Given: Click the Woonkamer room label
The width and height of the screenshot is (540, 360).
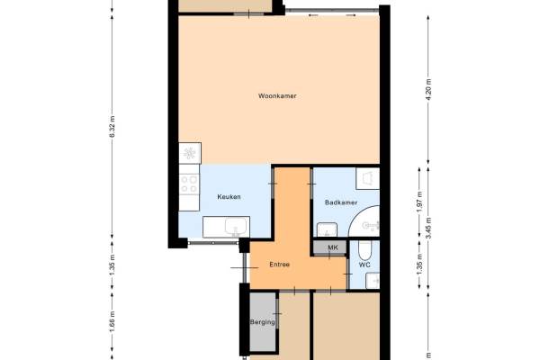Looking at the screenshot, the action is click(277, 96).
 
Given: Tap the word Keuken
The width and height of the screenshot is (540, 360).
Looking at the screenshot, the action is click(229, 197).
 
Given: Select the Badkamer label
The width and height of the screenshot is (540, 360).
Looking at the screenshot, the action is click(341, 202).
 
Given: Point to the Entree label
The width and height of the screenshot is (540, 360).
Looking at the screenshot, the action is click(279, 265).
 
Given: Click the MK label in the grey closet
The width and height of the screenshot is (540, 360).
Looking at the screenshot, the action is click(333, 247).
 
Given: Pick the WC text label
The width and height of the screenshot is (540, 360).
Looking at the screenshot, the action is click(364, 265).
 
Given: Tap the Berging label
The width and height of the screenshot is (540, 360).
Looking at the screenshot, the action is click(263, 322).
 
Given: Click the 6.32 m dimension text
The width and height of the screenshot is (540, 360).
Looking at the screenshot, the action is click(112, 126).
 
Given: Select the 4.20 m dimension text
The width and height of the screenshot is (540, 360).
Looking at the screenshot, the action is click(428, 89).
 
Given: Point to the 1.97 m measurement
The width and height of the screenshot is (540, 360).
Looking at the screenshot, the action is click(419, 202).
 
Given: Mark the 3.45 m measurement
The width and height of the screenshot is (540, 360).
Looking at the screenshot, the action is click(428, 228).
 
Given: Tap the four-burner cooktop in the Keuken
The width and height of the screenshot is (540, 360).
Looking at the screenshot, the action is click(189, 184).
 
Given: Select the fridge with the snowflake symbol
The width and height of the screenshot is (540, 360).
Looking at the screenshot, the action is click(190, 153).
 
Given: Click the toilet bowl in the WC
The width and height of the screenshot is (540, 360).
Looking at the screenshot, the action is click(364, 249).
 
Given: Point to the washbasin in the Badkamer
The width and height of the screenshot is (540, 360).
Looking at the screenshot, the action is click(327, 229).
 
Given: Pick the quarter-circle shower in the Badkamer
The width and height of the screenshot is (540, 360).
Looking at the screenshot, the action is click(364, 221).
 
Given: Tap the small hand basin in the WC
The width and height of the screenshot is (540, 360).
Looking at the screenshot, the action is click(373, 281).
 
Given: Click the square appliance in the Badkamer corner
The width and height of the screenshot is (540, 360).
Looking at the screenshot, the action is click(367, 178).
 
